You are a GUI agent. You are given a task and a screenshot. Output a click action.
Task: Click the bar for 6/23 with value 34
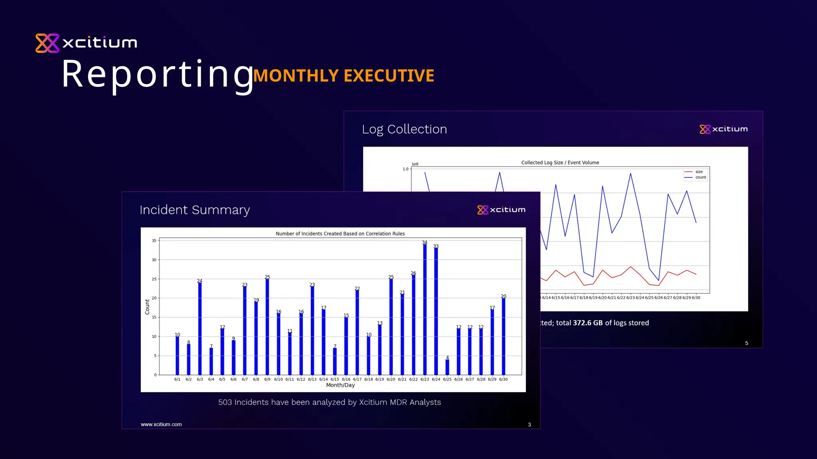pos(424,309)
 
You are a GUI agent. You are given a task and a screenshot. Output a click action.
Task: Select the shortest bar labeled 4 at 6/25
pos(447,367)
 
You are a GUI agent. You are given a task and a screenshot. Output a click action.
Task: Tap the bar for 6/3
pos(200,329)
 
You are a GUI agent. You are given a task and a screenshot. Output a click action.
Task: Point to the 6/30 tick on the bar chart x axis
pos(503,379)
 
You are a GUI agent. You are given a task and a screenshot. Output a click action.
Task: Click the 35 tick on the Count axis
pos(154,241)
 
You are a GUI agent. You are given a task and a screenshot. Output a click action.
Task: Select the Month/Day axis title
pos(340,385)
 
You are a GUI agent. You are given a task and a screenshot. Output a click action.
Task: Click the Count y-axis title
pos(147,307)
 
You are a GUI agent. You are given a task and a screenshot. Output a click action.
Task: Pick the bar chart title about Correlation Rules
pos(340,233)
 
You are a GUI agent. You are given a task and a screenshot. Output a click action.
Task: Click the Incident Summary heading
pos(195,210)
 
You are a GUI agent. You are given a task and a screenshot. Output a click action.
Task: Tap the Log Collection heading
pos(404,129)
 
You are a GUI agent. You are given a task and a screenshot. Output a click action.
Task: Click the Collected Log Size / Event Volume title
pos(560,163)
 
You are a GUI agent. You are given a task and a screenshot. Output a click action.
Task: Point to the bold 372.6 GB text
pos(588,323)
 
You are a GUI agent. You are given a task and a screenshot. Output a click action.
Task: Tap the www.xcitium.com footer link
pos(161,424)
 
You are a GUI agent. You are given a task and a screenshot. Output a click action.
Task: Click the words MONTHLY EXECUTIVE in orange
pos(343,76)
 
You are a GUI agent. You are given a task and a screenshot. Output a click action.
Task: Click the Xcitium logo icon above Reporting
pos(47,43)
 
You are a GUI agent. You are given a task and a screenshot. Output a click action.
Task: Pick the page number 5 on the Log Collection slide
pos(746,343)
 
